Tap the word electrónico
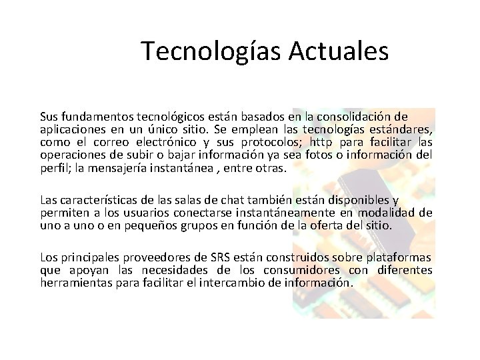coord(166,142)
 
